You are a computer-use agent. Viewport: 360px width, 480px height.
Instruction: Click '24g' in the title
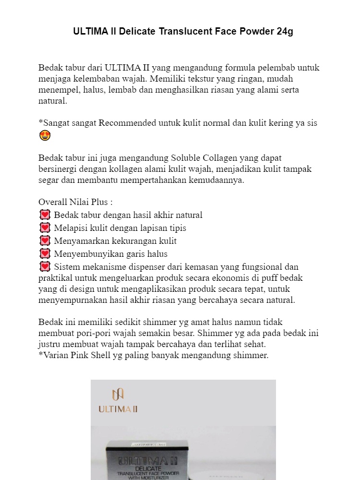tap(285, 32)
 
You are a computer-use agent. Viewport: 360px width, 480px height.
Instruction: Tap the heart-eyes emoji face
tap(45, 136)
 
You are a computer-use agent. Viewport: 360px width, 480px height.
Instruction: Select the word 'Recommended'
tap(127, 123)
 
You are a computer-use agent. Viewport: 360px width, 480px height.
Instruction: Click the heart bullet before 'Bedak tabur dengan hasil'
tap(45, 215)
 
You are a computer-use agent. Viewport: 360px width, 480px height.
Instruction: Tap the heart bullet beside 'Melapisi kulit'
tap(45, 228)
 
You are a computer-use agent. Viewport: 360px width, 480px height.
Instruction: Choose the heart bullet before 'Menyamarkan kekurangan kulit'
tap(45, 241)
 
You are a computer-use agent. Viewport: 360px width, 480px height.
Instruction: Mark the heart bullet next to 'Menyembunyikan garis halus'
tap(45, 254)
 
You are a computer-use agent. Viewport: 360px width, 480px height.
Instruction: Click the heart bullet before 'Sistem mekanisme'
tap(45, 267)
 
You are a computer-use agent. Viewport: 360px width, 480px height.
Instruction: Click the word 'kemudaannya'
tap(217, 180)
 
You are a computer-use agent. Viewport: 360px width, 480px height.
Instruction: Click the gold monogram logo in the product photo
tap(118, 394)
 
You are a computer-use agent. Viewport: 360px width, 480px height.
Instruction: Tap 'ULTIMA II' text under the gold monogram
tap(118, 409)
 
